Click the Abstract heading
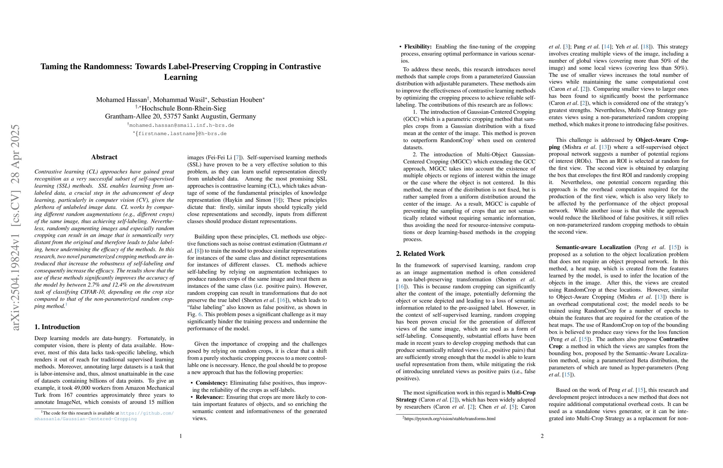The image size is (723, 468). [104, 157]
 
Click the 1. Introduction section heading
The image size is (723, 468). [57, 327]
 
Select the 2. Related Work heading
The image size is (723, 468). [420, 254]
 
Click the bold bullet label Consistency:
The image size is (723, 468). [211, 383]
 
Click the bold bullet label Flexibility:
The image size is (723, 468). [418, 47]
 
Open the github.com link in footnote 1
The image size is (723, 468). [147, 413]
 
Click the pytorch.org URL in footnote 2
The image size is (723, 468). [450, 419]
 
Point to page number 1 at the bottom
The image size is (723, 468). [181, 436]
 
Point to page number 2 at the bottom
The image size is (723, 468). [542, 436]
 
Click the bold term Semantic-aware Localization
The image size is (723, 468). [593, 247]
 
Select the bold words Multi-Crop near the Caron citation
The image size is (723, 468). [521, 393]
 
